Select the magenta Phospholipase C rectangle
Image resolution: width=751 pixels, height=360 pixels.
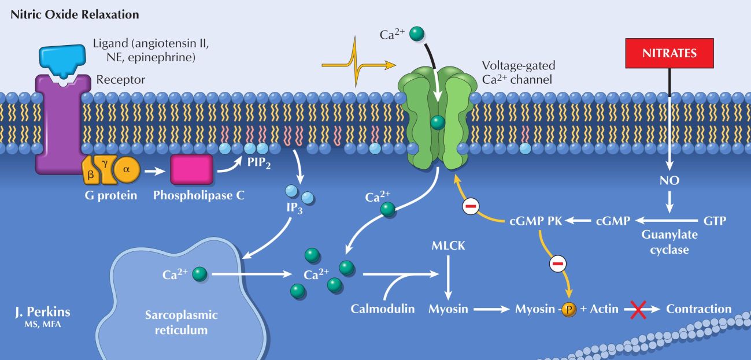191,170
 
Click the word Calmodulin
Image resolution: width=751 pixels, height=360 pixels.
383,309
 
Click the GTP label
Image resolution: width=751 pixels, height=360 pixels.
715,221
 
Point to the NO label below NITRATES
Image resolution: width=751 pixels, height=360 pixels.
670,181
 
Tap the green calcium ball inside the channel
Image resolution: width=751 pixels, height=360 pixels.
438,122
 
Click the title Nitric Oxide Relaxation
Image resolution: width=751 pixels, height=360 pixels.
75,14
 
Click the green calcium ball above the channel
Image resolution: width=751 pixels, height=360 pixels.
416,34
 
